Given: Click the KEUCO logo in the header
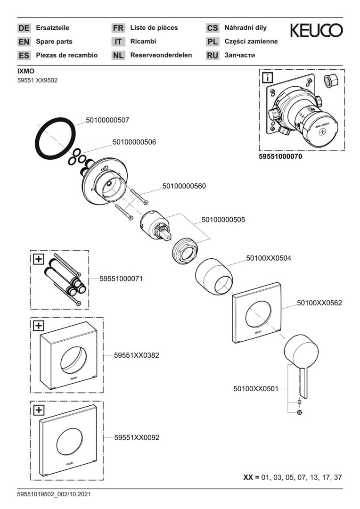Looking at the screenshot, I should pos(316,31).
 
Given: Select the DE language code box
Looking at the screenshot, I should pos(24,28).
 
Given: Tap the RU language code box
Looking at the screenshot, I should pos(213,56).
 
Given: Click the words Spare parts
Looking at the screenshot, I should pos(54,41).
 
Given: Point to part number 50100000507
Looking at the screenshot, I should pos(107,120).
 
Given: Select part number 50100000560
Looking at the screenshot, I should pos(184,186).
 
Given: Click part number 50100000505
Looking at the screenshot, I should pos(223,220).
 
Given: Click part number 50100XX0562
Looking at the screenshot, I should pos(319,303).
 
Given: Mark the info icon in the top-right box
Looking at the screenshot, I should pos(267,78).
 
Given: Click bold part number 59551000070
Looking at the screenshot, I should pos(280,156).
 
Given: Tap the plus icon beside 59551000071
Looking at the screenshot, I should pos(38,258).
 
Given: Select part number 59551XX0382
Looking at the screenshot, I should pos(137,356).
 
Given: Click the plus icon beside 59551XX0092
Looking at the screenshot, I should pos(38,409).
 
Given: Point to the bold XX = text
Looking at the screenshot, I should pos(251,477).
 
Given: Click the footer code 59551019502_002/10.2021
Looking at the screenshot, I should pos(54,494).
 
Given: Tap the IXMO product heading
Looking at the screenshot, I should pos(26,71).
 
